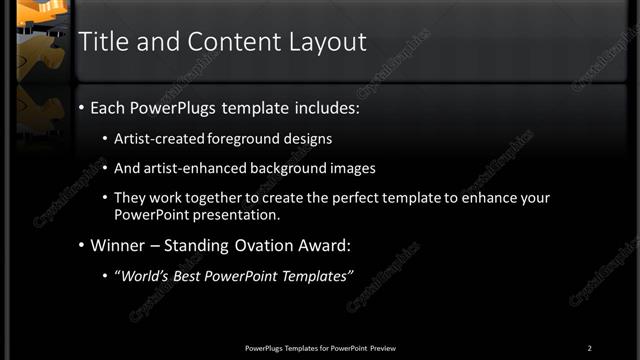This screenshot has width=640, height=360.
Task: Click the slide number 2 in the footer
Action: [589, 348]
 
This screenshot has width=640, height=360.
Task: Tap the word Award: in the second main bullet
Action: [323, 244]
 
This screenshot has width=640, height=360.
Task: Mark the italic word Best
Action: [192, 275]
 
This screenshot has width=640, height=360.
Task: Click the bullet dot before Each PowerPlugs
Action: [81, 107]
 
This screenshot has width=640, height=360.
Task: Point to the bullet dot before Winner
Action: [81, 245]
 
